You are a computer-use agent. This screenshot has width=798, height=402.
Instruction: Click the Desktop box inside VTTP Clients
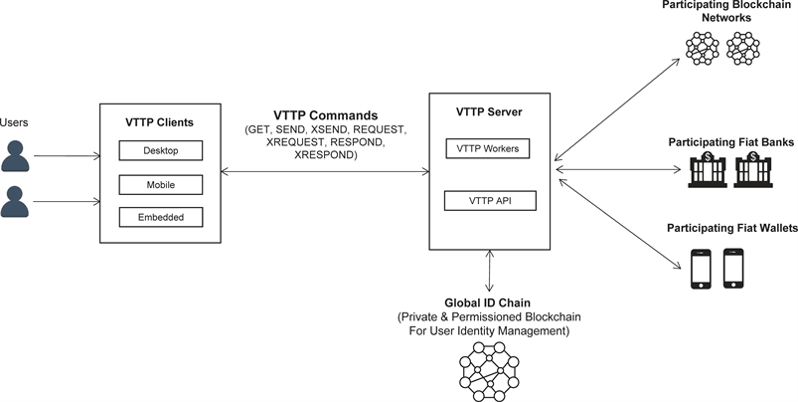(x=160, y=151)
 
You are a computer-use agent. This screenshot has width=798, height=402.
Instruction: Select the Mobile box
(x=160, y=184)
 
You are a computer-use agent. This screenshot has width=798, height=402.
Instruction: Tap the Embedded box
(x=160, y=216)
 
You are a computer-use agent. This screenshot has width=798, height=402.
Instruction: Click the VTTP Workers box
(x=488, y=149)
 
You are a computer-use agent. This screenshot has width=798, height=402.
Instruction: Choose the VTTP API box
(x=488, y=201)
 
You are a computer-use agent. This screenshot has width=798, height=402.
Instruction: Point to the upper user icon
(x=16, y=155)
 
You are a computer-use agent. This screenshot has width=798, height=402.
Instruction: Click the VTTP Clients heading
(x=160, y=122)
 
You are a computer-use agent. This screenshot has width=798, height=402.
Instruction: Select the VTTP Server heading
(x=488, y=111)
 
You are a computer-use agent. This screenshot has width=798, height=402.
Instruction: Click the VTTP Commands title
(x=325, y=115)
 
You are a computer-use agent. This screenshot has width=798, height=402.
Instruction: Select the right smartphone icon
(x=734, y=268)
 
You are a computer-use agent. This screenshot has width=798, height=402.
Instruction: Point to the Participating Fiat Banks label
(x=730, y=143)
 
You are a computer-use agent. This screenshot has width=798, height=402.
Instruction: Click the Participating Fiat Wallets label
(x=732, y=229)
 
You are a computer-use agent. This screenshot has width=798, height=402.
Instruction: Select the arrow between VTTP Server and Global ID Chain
(x=488, y=272)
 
